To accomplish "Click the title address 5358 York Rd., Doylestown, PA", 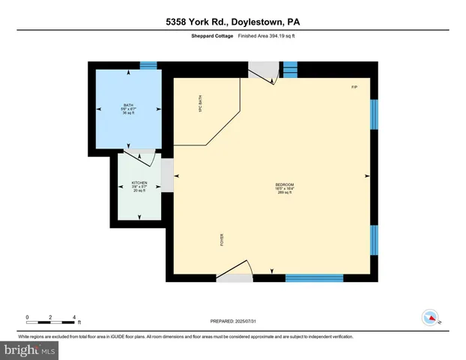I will pos(232,22).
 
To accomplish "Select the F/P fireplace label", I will pos(354,88).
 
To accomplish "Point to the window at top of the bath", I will pos(148,65).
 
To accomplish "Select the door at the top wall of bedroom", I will pos(263,72).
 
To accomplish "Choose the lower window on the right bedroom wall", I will pos(374,239).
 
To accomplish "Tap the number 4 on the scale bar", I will pos(74,317).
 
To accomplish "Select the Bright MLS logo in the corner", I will pos(30,349).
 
